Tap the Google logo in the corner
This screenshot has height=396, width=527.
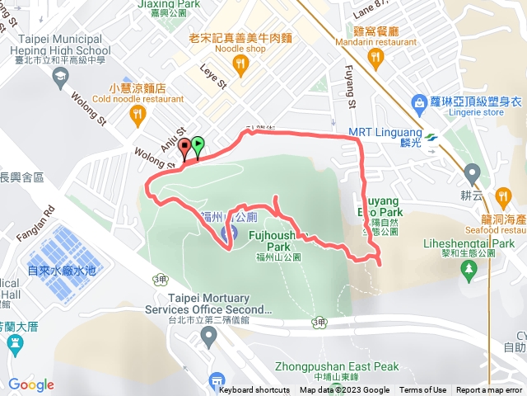coord(31,384)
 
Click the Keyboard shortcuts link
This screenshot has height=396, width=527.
coord(254,390)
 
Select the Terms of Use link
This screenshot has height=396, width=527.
coord(423,390)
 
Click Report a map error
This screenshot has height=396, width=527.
coord(490,390)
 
